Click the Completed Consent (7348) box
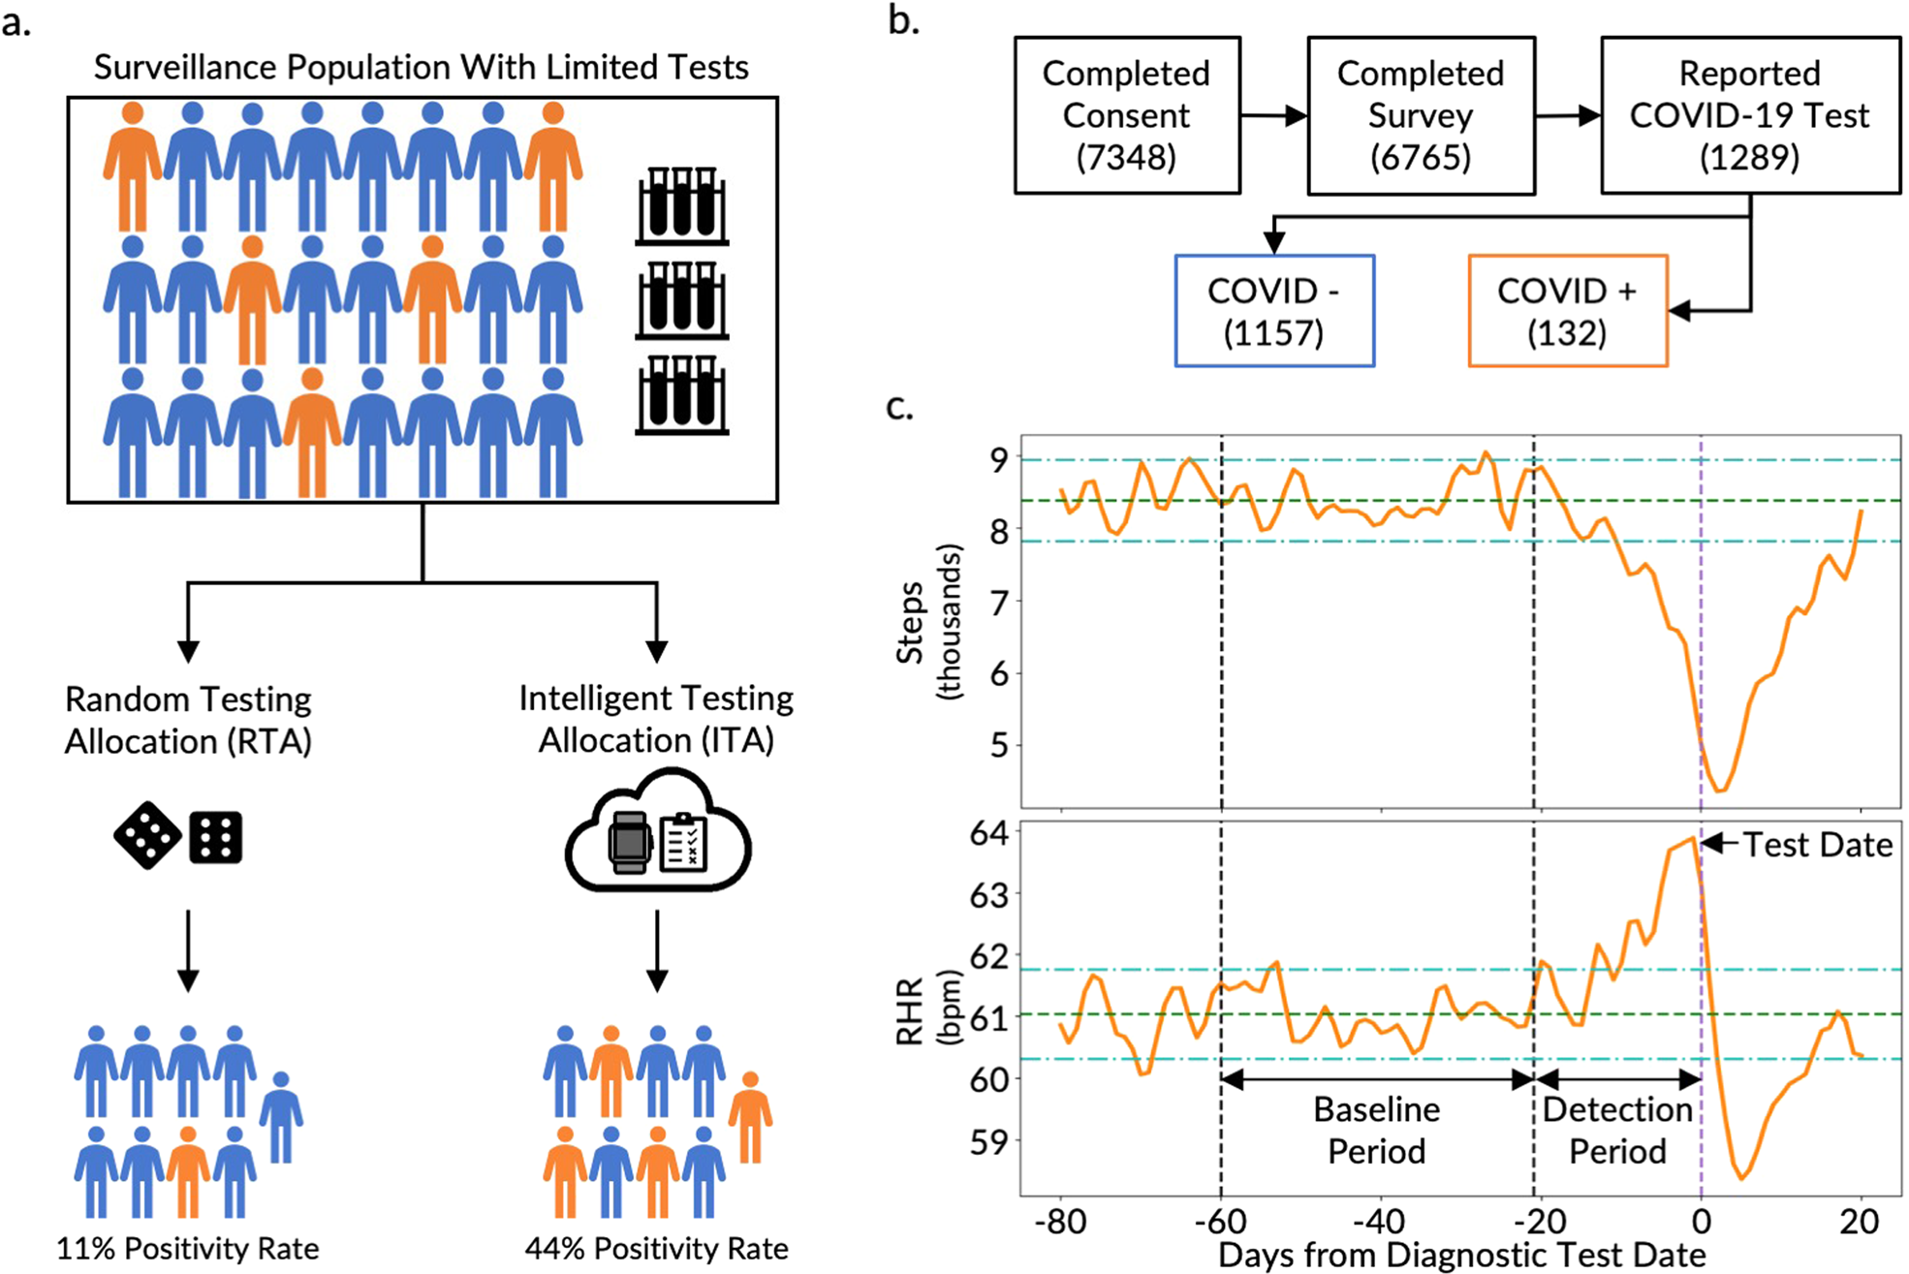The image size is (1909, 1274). [1126, 115]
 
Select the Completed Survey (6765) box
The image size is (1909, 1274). [1421, 115]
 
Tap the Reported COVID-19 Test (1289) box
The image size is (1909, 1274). [1749, 115]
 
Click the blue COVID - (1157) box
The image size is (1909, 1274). [1273, 311]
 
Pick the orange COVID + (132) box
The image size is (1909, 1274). [1567, 311]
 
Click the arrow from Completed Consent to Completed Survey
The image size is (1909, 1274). [1273, 116]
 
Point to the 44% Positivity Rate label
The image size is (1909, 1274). [656, 1249]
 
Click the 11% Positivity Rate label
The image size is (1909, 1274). [187, 1249]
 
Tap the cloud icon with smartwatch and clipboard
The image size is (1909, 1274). [657, 834]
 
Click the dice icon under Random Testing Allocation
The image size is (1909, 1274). [178, 835]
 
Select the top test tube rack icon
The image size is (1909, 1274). [681, 205]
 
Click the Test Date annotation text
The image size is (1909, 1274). [1817, 845]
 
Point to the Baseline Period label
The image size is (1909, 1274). [1376, 1130]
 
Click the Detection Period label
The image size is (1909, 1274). [1617, 1130]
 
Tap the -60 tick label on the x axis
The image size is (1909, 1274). [1221, 1222]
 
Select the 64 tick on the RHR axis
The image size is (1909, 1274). [988, 833]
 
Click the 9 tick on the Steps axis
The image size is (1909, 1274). [998, 459]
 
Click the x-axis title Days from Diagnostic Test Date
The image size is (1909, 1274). [1460, 1256]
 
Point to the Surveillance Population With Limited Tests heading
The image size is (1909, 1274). [422, 67]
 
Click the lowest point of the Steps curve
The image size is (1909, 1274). [1719, 791]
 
